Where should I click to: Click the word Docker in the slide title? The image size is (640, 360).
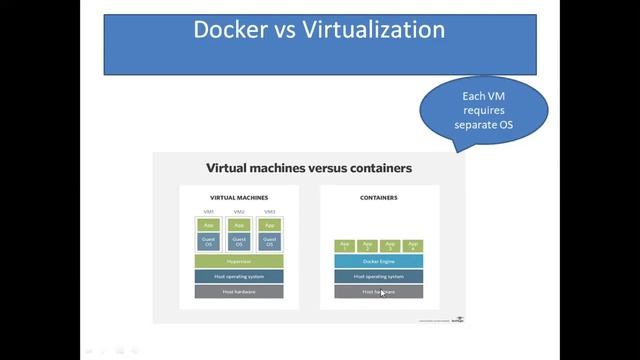[x=230, y=30]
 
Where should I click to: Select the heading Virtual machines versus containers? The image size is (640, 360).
[x=308, y=168]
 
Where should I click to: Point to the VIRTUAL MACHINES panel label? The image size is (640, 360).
[x=239, y=198]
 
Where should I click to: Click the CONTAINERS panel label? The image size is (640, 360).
[x=379, y=198]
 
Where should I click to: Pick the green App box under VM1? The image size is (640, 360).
[x=210, y=226]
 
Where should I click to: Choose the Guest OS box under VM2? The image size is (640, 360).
[x=239, y=242]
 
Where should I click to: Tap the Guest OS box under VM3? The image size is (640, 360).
[x=269, y=242]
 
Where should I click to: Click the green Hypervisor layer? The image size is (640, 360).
[x=239, y=261]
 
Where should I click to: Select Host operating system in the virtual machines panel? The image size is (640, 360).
[x=239, y=276]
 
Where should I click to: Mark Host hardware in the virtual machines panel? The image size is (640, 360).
[x=239, y=291]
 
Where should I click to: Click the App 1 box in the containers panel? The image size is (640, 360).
[x=343, y=246]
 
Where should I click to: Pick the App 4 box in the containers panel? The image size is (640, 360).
[x=413, y=246]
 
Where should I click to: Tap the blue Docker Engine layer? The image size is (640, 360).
[x=378, y=261]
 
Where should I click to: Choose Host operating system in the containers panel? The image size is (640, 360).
[x=378, y=276]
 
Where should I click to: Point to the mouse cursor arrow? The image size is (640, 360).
[x=382, y=293]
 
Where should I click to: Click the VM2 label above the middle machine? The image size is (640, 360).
[x=239, y=212]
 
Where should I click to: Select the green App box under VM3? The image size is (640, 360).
[x=269, y=226]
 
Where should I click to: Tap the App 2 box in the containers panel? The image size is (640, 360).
[x=367, y=246]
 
